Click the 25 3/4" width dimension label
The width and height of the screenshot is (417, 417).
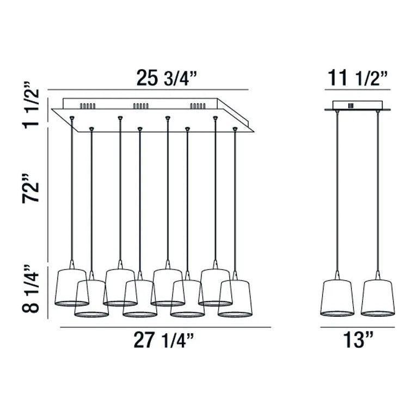(166, 78)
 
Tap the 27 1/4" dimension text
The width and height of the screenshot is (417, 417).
(163, 340)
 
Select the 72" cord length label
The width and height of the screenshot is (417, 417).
(30, 189)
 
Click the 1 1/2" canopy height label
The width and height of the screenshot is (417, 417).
(30, 105)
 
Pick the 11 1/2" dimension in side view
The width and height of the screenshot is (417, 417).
(358, 78)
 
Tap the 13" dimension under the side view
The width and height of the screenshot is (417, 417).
(358, 340)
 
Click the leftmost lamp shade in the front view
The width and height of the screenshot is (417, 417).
(71, 287)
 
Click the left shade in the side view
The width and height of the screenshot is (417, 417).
(337, 298)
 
